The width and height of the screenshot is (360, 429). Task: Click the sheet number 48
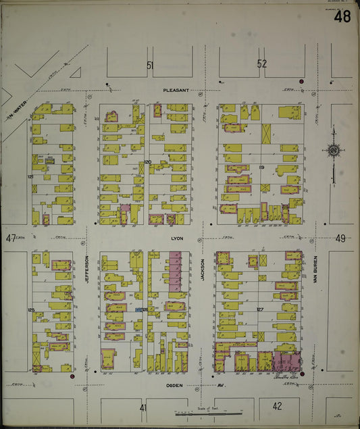pos(342,16)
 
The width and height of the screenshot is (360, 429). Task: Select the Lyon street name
pos(178,238)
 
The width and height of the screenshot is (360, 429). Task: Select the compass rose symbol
pos(333,150)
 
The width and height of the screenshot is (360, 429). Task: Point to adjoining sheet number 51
pos(150,65)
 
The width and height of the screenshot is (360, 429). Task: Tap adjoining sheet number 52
pos(262,64)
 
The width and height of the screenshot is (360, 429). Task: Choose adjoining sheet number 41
pos(143,408)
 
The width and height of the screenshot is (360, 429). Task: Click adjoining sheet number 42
pos(277,406)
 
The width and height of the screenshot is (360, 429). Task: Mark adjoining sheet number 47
pos(10,238)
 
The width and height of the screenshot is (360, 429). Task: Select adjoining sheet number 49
pos(340,238)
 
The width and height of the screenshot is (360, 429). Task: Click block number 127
pos(260,309)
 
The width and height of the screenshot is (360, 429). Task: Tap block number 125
pos(31,309)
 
